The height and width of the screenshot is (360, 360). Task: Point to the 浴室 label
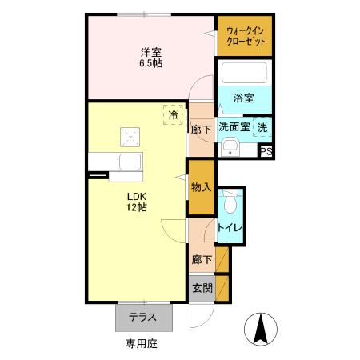pos(243,98)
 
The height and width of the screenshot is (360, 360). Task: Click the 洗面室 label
pos(234,126)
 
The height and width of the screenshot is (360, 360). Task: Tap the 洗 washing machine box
pos(263,126)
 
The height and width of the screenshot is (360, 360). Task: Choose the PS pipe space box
pos(266,150)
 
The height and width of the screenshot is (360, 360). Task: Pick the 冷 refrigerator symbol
pos(173,114)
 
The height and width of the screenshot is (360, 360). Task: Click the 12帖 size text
pos(134,208)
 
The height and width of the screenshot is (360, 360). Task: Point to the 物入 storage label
pos(201,187)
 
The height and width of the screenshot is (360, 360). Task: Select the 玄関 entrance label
pos(201,287)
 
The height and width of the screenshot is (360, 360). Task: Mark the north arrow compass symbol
pos(259,327)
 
